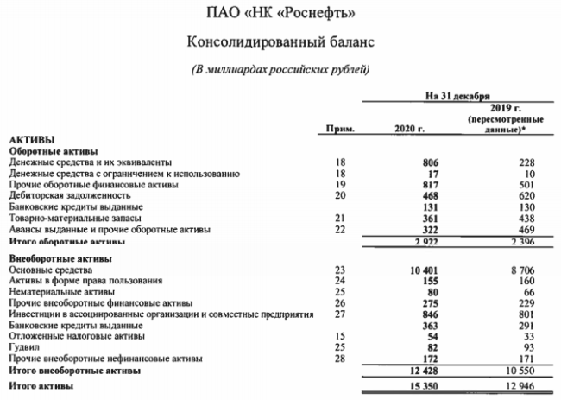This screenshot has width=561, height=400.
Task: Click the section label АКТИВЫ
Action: [x=32, y=140]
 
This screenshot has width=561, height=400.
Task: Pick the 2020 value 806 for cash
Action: [x=417, y=162]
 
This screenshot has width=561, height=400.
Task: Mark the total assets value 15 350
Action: [x=410, y=385]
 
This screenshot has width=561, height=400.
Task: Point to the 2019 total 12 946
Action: [x=518, y=385]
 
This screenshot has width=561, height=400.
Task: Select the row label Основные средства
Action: [x=50, y=270]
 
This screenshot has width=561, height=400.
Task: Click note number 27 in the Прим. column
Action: [x=337, y=315]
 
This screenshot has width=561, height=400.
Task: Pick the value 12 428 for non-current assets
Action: [x=410, y=371]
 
